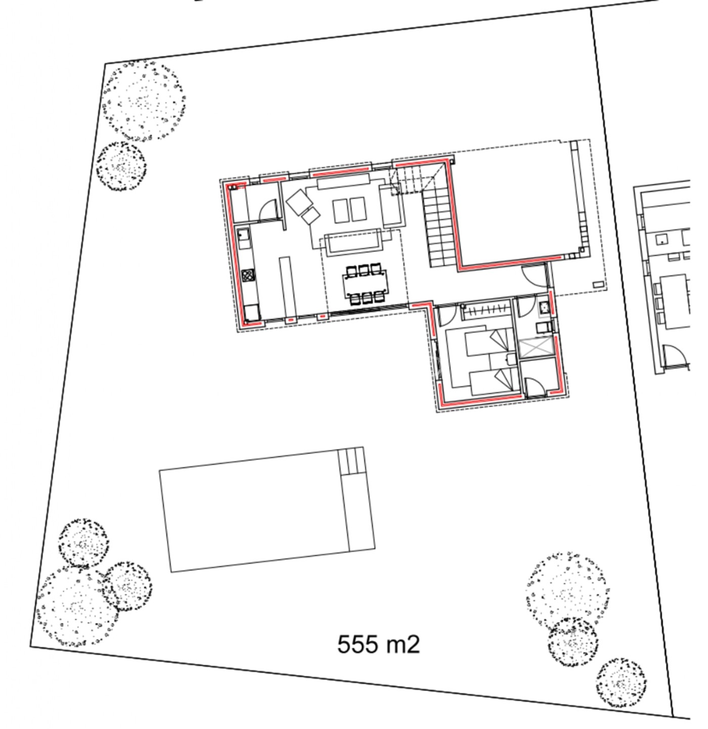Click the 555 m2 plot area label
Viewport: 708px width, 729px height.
pos(378,644)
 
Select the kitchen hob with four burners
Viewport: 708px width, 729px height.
pos(247,276)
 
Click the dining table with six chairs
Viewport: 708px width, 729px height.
pos(365,285)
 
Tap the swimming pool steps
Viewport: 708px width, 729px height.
pos(351,461)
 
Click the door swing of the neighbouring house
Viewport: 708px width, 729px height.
pos(675,354)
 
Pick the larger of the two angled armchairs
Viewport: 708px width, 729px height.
pos(299,202)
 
